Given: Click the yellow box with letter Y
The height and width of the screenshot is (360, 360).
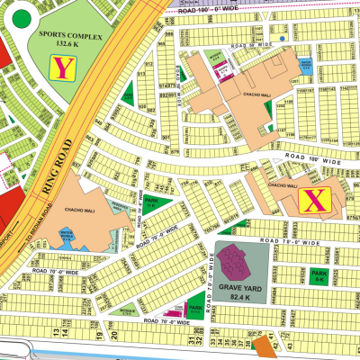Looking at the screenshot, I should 62,67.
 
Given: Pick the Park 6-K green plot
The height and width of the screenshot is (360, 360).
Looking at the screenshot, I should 318,275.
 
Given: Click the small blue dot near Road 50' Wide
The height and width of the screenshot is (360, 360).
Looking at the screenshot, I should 284,39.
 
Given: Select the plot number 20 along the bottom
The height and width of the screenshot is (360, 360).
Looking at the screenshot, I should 116,337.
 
